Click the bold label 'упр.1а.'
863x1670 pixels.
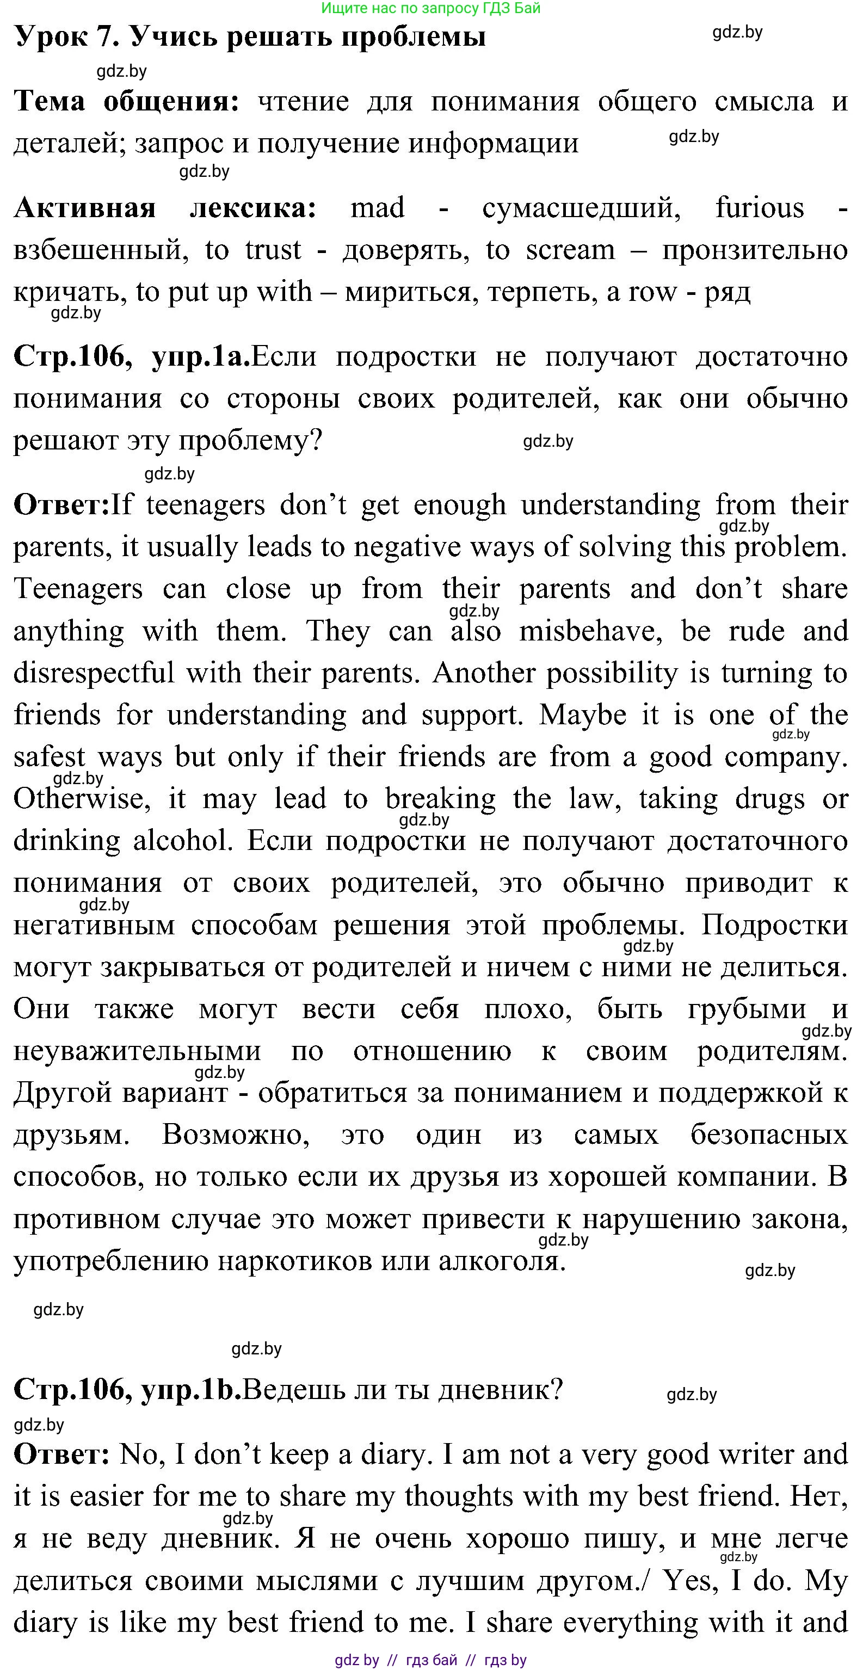pyautogui.click(x=200, y=357)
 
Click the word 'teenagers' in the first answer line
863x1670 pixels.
pyautogui.click(x=205, y=505)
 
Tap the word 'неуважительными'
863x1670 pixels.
pyautogui.click(x=138, y=1051)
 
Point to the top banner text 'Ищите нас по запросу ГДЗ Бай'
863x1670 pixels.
pyautogui.click(x=430, y=8)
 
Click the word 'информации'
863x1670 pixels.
pyautogui.click(x=493, y=143)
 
